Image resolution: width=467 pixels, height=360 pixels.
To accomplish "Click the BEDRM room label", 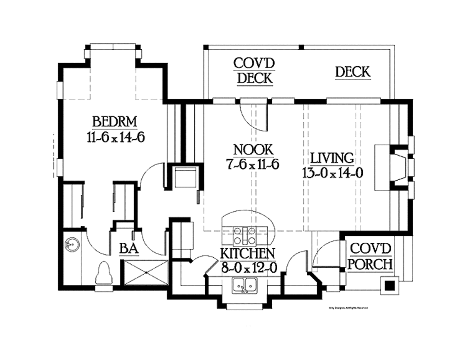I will [114, 122].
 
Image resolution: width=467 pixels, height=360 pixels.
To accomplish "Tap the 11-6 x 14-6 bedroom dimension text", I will [115, 137].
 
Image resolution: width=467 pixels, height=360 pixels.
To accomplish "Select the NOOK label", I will [253, 150].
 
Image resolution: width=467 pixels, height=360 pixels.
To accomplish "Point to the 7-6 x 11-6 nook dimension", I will [253, 164].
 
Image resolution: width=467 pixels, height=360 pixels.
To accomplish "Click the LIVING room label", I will [332, 158].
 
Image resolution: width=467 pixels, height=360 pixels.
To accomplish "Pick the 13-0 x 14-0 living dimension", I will [332, 172].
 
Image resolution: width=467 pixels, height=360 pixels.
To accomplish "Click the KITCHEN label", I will [248, 253].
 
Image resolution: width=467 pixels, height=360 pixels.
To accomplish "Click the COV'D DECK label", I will [254, 71].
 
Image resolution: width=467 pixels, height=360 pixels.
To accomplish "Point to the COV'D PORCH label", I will [371, 256].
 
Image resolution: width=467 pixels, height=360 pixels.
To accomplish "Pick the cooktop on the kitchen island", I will [245, 235].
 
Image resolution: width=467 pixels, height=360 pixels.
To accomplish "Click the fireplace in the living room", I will [395, 167].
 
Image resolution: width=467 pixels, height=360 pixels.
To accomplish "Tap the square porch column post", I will [390, 286].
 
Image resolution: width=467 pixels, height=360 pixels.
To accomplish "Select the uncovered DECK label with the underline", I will [353, 72].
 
